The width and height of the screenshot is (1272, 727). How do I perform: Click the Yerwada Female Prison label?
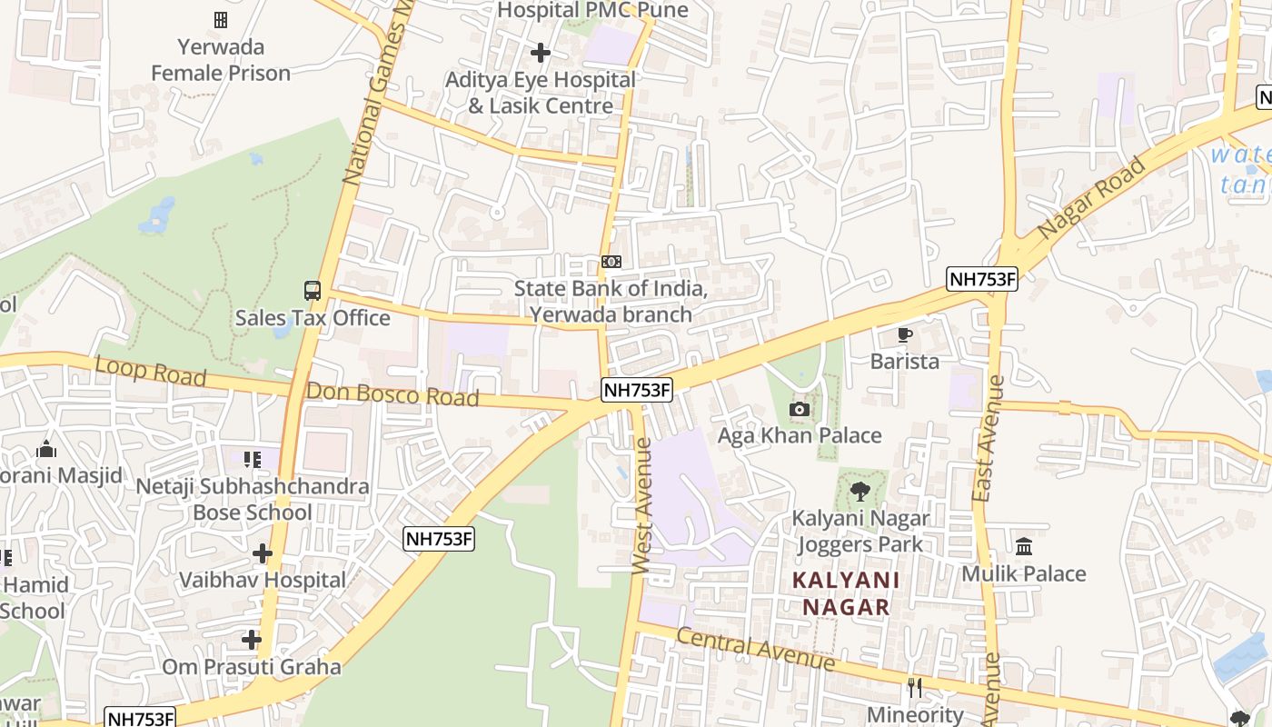221,60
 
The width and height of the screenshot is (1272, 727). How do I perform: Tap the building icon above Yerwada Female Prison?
221,19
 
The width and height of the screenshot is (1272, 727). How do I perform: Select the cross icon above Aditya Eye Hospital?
541,53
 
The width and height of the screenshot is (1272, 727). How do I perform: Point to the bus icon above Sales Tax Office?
313,291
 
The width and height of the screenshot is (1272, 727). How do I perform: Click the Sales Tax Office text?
313,318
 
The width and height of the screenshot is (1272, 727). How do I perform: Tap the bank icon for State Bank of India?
611,262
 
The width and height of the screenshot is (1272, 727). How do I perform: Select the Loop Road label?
150,371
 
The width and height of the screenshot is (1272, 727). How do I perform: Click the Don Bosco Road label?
393,395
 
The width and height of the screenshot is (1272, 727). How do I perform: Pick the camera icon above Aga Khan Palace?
800,409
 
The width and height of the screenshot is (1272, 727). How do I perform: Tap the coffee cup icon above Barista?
904,334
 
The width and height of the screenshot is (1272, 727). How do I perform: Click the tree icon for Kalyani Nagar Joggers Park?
860,492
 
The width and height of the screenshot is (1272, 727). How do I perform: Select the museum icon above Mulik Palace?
1024,546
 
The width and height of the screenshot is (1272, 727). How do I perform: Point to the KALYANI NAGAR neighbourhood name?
845,593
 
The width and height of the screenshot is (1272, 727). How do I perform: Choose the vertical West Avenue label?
641,506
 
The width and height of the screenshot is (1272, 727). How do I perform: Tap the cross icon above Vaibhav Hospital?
263,553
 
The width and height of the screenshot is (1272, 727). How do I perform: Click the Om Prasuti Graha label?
252,667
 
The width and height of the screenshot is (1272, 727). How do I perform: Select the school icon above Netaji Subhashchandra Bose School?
252,460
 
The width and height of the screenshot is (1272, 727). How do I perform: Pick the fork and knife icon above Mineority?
915,688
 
